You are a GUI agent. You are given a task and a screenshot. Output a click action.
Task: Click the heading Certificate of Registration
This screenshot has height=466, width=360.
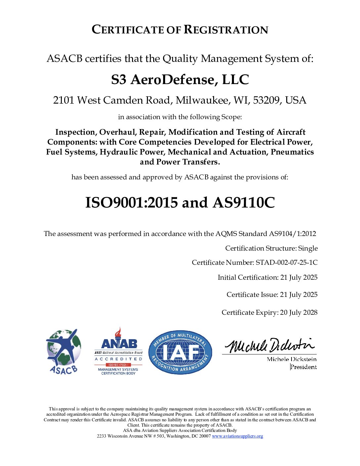point(180,29)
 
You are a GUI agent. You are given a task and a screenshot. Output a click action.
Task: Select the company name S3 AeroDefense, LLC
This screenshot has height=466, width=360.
point(180,80)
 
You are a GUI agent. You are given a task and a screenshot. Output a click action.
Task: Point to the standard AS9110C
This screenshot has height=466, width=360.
point(244,203)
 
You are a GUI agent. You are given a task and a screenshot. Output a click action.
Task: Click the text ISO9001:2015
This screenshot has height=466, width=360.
point(131,203)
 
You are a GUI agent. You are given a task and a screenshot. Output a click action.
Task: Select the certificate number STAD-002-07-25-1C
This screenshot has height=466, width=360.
point(287,262)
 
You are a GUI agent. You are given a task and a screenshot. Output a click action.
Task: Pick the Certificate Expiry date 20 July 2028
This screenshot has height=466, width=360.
point(298,312)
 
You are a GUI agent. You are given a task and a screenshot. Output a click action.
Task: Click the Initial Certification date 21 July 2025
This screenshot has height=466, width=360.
point(299,277)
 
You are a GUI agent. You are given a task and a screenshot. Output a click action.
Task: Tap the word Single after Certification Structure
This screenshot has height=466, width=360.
point(308,248)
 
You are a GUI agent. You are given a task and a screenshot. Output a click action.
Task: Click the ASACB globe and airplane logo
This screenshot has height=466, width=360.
point(64,351)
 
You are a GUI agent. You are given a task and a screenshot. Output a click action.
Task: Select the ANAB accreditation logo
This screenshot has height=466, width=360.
point(118,352)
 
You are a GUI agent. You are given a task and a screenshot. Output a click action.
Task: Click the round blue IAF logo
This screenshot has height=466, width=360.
point(180,352)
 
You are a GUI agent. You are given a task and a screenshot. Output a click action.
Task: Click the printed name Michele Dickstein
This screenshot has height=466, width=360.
point(292,359)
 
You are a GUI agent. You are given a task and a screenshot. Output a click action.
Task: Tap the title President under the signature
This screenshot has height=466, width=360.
point(303,367)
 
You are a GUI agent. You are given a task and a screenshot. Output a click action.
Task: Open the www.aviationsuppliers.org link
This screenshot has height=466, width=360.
point(237,436)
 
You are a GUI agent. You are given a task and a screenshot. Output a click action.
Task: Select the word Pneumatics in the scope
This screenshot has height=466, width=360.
point(292,152)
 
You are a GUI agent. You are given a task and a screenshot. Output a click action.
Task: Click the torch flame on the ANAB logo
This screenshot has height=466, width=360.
point(118,332)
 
